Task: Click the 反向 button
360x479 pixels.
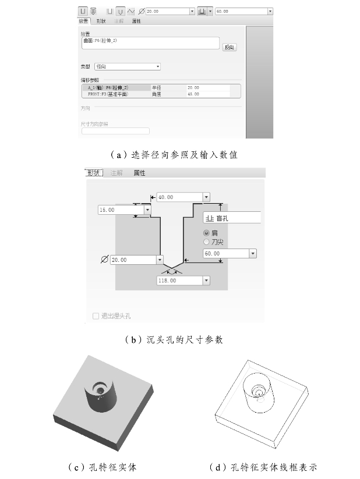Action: coord(229,47)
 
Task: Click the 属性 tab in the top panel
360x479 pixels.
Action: coord(136,21)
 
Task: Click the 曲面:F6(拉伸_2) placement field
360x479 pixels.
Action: coord(149,42)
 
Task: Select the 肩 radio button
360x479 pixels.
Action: coord(206,233)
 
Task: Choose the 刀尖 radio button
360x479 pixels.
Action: coord(206,242)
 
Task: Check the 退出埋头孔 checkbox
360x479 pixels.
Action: coord(96,316)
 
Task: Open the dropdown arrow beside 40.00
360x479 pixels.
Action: coord(206,197)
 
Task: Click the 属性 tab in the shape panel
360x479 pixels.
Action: coord(139,173)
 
